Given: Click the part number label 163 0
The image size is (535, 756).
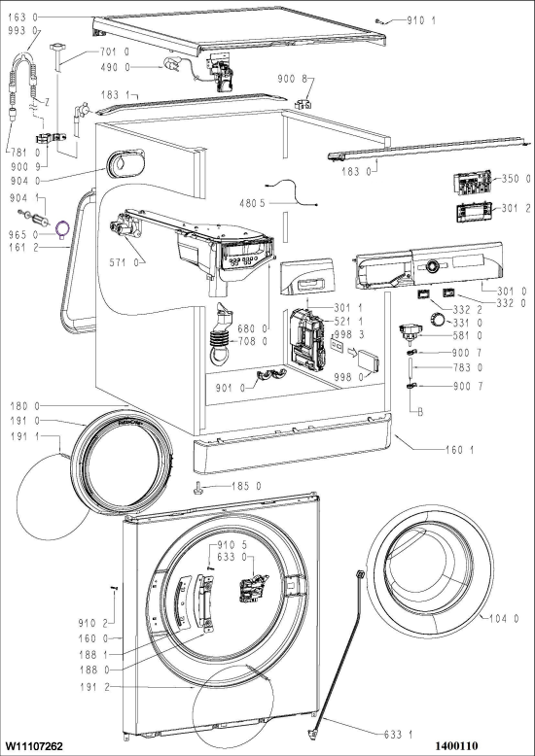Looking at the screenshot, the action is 22,17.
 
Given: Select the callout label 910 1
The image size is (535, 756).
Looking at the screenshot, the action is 421,20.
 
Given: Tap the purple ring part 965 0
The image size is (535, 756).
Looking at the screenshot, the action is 62,228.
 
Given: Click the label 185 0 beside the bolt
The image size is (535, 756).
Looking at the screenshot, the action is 246,487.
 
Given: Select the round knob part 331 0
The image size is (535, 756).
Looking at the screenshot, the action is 438,320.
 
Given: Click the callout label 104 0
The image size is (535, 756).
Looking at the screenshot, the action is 504,619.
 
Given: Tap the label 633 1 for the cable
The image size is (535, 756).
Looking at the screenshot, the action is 399,735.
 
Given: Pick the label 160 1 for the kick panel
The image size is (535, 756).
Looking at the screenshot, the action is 459,450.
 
